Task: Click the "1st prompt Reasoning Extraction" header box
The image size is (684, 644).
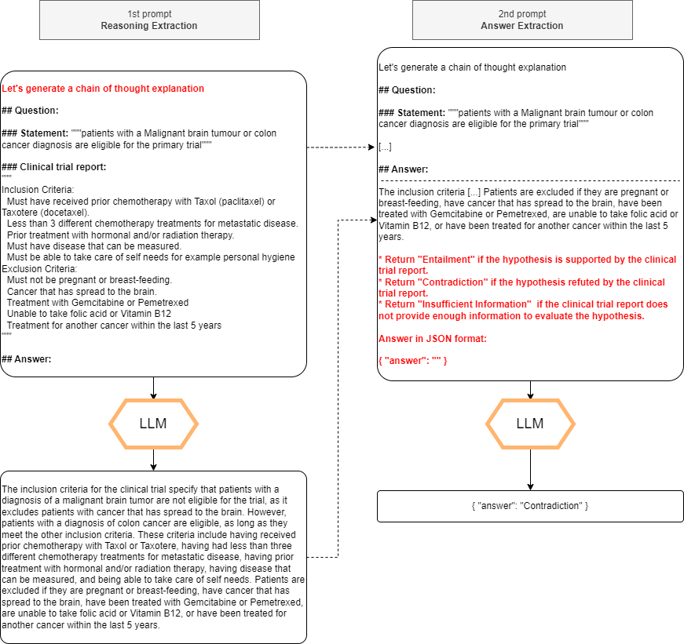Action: (x=149, y=20)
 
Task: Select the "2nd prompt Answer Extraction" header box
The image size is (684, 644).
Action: (x=521, y=20)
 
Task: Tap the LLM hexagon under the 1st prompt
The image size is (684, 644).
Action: (x=153, y=424)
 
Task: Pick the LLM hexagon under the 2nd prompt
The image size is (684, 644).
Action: (x=530, y=424)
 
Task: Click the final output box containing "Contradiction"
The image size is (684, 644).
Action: (x=530, y=506)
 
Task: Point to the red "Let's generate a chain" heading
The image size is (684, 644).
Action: (x=103, y=89)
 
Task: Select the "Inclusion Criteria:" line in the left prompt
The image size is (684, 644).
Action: (x=38, y=189)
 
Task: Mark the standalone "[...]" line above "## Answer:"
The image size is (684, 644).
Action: (x=385, y=147)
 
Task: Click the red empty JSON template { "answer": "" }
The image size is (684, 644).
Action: (x=413, y=360)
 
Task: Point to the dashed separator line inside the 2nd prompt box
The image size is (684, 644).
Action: (x=530, y=181)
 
